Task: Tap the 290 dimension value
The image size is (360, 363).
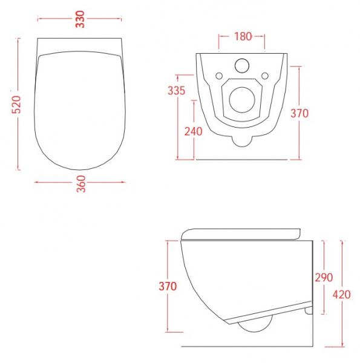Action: (x=324, y=277)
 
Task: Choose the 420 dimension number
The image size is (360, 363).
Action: (x=342, y=295)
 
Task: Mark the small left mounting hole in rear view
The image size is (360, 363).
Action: (x=218, y=76)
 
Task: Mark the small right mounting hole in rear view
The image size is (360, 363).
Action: (x=265, y=76)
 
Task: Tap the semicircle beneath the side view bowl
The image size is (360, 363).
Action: (x=250, y=327)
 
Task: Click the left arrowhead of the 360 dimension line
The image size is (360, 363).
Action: (x=38, y=180)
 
